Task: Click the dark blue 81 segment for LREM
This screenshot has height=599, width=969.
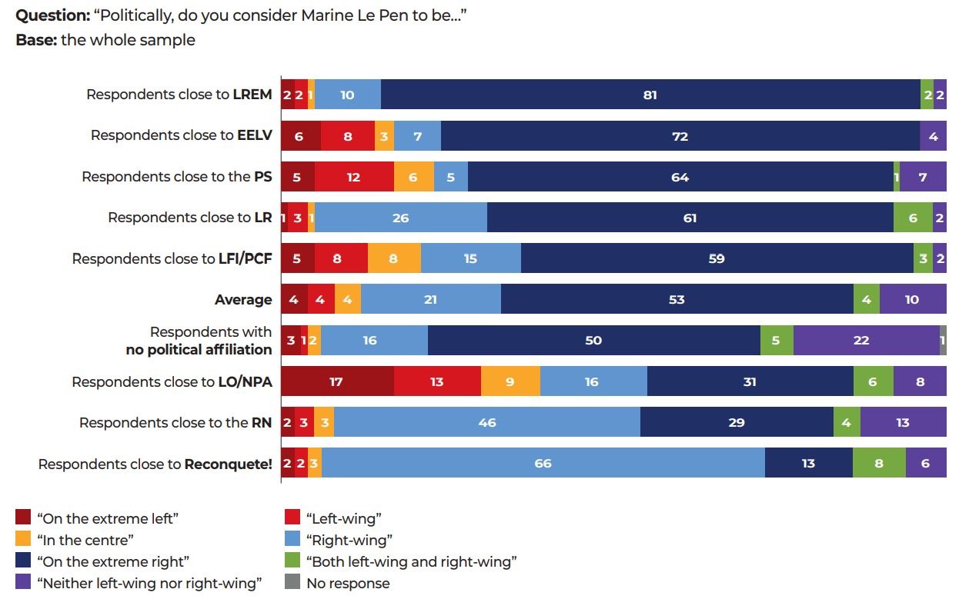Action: [650, 95]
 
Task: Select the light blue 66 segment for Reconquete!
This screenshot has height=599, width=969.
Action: [543, 464]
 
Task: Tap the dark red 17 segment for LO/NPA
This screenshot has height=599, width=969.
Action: [337, 381]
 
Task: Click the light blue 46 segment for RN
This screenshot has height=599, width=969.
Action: [486, 422]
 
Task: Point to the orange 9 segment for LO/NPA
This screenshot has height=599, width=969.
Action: [510, 381]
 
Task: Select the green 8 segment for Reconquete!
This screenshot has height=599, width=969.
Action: [879, 464]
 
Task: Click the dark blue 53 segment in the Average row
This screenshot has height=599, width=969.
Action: [677, 299]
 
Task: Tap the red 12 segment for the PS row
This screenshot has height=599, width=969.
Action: [354, 177]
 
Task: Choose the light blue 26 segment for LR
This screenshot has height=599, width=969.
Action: [400, 218]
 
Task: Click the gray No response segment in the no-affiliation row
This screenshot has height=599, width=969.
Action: [943, 340]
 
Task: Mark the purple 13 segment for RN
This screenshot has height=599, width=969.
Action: [903, 422]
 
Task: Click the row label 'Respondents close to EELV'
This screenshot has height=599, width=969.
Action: [181, 135]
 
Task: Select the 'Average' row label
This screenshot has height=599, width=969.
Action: [243, 300]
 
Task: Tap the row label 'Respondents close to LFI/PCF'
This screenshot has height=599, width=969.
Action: [172, 258]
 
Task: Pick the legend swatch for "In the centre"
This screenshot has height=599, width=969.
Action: [23, 539]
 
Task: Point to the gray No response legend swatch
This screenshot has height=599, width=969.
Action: [292, 582]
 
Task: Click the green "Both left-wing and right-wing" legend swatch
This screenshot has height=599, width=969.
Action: [292, 561]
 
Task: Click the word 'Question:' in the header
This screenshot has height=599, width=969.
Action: [52, 15]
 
